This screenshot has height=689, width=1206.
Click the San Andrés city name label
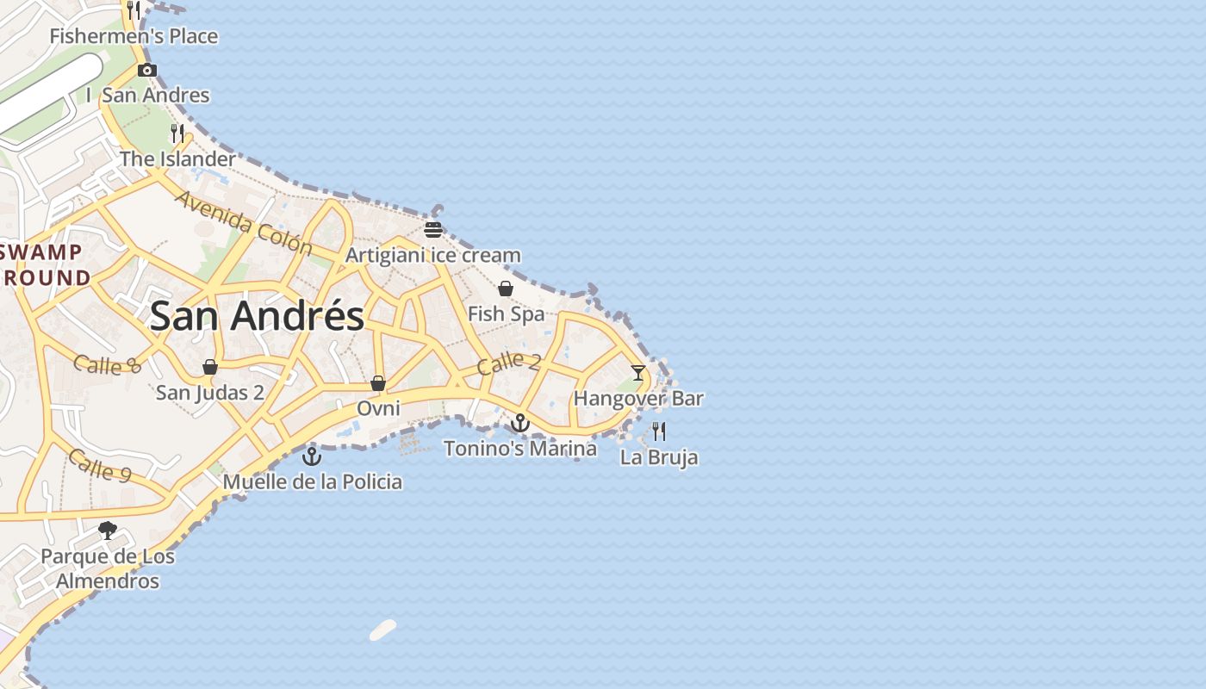[257, 316]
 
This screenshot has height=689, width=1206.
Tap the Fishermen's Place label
[134, 36]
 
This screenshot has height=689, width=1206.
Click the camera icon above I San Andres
[147, 71]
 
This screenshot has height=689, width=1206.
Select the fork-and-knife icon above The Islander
[177, 133]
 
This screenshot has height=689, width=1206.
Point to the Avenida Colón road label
[244, 222]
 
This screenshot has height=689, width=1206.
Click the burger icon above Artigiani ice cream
[433, 230]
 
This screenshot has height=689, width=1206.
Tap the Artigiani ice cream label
[432, 255]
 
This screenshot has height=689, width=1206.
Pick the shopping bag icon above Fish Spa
[506, 289]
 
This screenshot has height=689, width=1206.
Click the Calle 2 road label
[508, 363]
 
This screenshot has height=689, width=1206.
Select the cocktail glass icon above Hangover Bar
[637, 373]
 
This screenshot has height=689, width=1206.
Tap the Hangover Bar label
[638, 399]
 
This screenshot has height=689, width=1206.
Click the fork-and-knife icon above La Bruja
[659, 431]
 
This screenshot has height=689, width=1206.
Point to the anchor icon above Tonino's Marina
[519, 423]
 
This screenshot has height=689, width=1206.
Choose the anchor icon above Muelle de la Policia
[312, 456]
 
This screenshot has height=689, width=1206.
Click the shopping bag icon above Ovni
[377, 382]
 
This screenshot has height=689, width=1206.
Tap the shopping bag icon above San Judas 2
[209, 367]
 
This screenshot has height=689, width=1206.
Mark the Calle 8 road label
[107, 365]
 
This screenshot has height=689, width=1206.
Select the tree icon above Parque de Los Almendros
[108, 531]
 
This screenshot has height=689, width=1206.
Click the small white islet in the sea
[382, 630]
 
